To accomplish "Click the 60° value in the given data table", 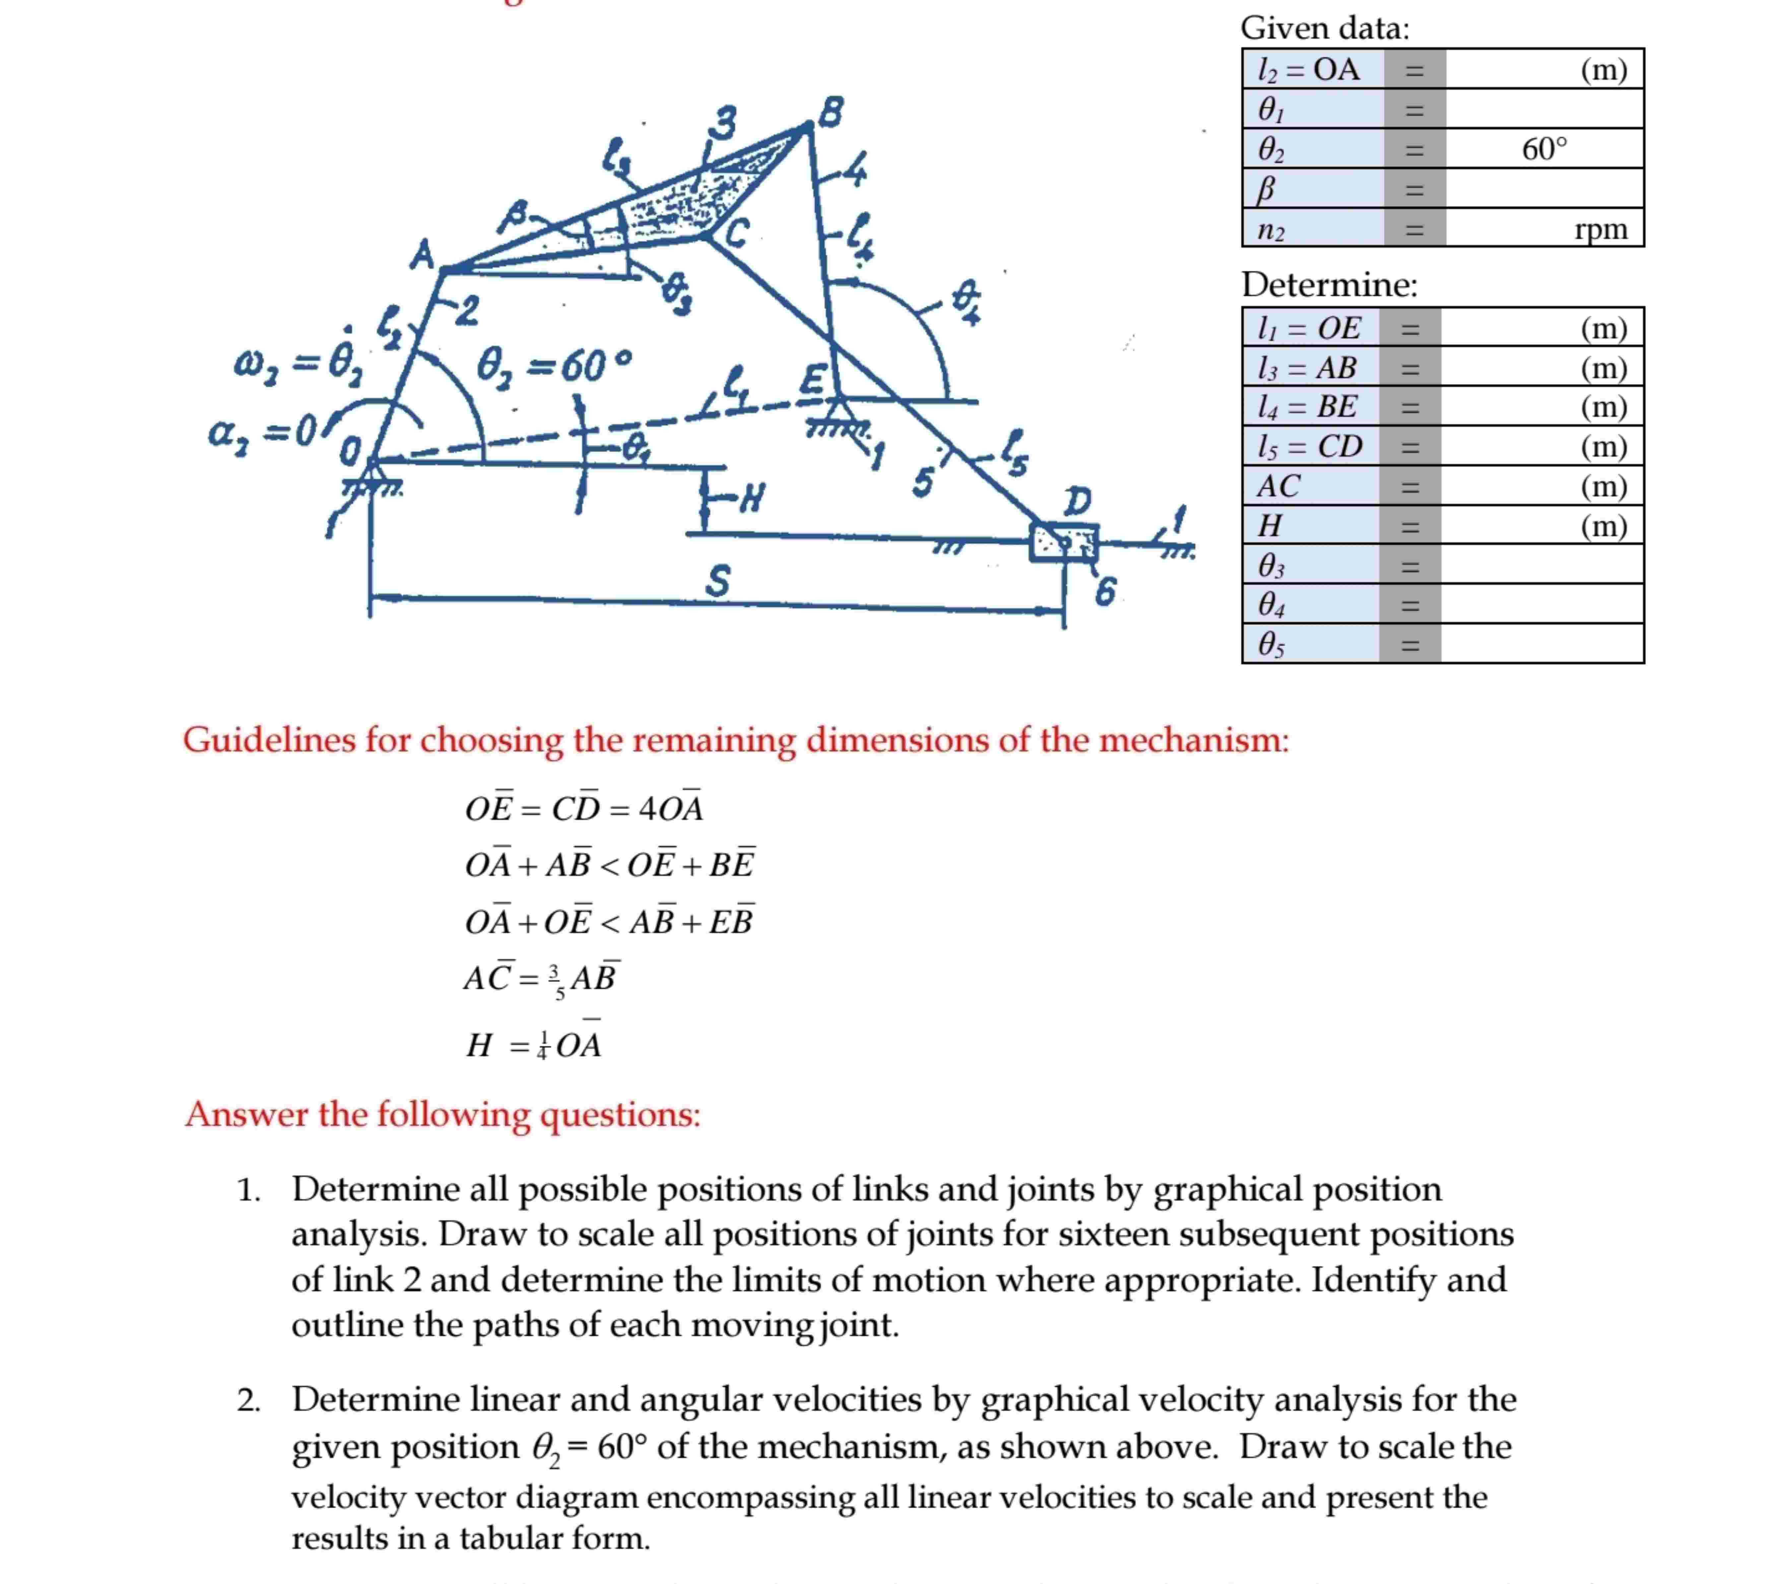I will click(x=1544, y=149).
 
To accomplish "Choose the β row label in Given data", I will click(x=1266, y=189).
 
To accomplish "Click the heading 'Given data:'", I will click(x=1325, y=28).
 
